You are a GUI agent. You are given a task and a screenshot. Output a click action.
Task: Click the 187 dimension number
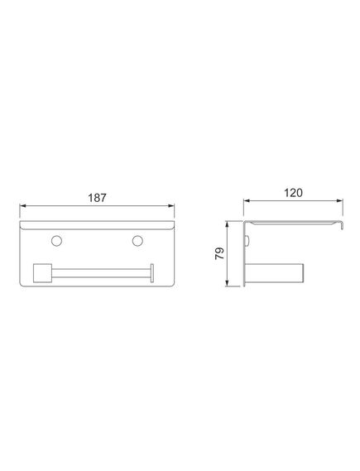97,198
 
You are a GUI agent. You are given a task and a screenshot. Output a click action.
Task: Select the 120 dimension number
293,193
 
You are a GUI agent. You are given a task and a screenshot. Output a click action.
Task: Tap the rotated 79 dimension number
219,253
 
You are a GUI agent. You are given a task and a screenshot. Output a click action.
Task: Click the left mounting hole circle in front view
57,241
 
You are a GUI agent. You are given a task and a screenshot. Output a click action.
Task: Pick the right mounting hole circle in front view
137,241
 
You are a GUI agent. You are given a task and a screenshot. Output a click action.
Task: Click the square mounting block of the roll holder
42,273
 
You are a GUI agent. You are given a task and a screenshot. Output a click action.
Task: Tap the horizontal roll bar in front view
101,273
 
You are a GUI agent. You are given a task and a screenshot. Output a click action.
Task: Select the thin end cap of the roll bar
152,273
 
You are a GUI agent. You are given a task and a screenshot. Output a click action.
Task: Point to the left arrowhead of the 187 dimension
23,206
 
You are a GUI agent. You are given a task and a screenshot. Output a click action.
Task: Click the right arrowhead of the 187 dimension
170,206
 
